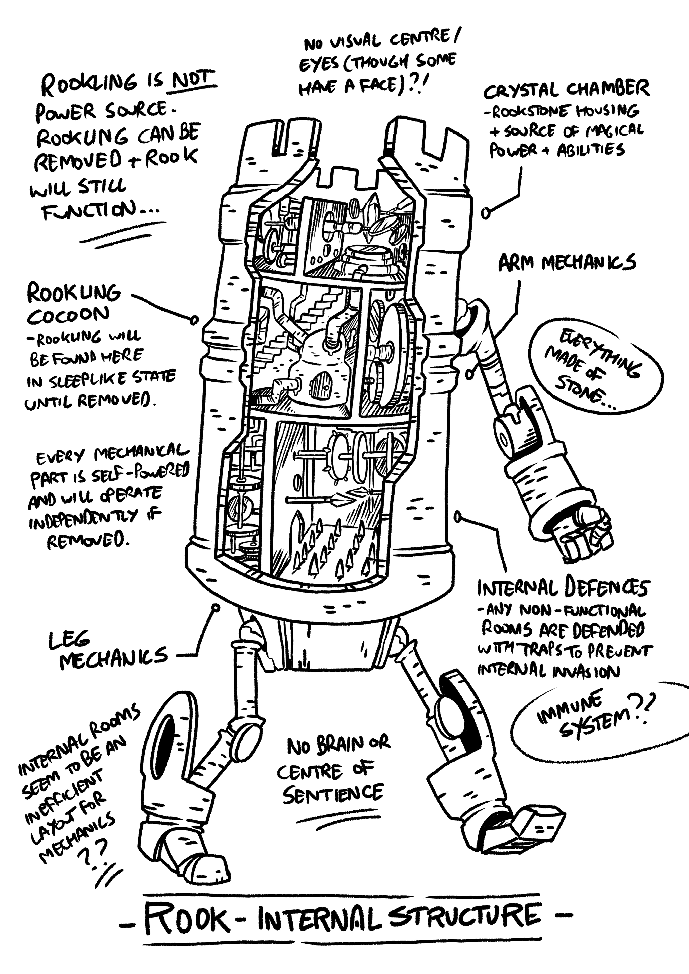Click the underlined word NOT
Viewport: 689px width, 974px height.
pos(193,79)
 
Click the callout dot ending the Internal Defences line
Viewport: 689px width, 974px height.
pos(458,517)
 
